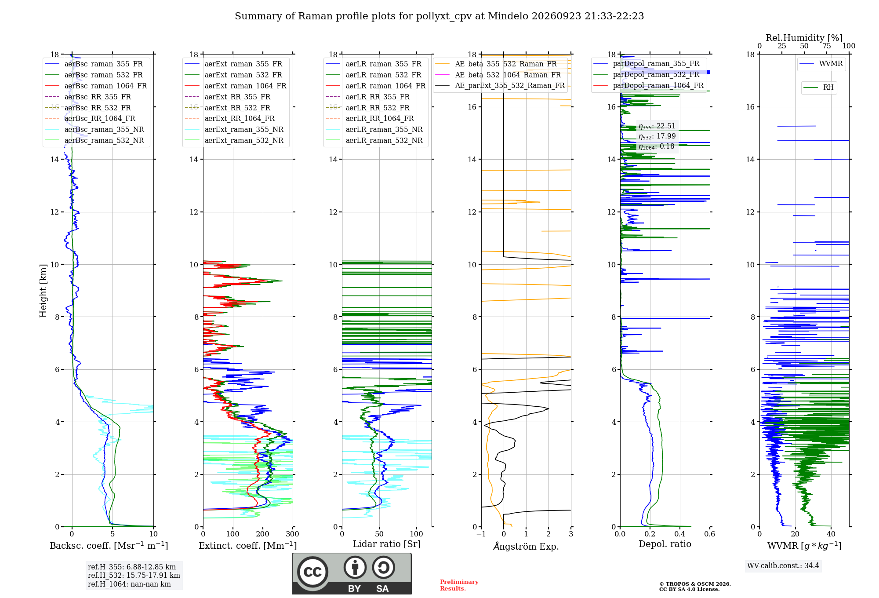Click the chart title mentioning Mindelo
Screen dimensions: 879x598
tap(439, 16)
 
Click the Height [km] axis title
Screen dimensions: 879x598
tap(43, 291)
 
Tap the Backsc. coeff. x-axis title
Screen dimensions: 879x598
tap(109, 546)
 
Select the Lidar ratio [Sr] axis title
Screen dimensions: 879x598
tap(387, 544)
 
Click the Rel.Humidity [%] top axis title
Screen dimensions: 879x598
tap(804, 38)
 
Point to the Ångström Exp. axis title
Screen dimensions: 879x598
tap(526, 546)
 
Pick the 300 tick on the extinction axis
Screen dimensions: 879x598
tap(293, 534)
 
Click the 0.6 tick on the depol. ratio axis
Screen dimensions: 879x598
tap(710, 534)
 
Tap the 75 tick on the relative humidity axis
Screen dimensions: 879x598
tap(827, 46)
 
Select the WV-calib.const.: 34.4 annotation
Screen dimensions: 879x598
tap(783, 565)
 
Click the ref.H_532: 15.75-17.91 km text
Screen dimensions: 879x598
tap(134, 575)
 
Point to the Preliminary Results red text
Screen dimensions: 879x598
tap(459, 585)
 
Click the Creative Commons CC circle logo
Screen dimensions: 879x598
tap(312, 572)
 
